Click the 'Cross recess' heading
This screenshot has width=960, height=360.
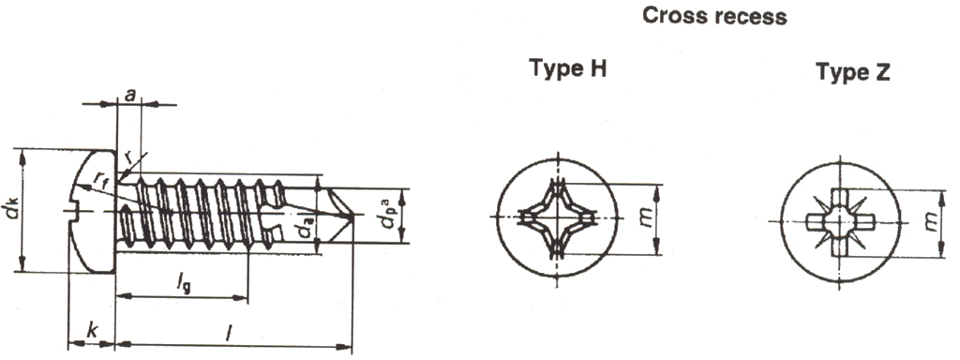coord(714,16)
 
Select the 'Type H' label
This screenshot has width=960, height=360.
coord(567,67)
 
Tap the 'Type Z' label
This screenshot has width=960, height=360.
coord(853,72)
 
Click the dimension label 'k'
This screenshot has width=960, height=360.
coord(91,331)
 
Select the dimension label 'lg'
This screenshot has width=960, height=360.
coord(183,283)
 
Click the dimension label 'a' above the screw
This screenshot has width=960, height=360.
coord(129,95)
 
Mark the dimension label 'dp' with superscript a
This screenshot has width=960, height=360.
coord(388,213)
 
